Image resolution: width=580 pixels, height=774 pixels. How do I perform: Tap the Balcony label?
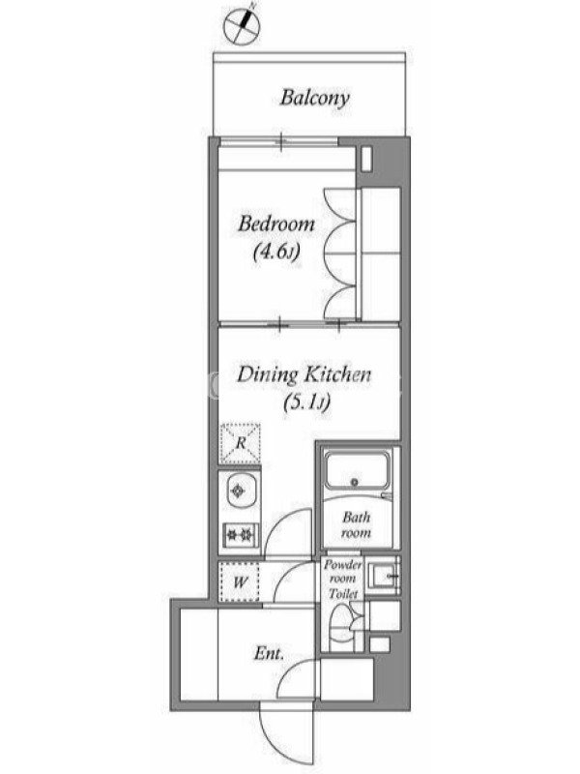[315, 98]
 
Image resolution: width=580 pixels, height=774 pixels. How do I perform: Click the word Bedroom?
[276, 224]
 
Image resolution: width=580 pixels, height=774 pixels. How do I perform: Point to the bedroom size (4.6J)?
[276, 253]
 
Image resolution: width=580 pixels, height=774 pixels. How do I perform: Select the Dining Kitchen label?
[304, 374]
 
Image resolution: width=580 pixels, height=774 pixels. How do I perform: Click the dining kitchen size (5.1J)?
[306, 403]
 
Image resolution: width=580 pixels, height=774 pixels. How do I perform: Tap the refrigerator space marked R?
[240, 443]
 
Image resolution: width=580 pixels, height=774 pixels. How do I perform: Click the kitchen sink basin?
[240, 491]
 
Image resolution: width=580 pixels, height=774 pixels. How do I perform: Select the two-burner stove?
[240, 533]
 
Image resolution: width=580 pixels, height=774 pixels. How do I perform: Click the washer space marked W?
[240, 582]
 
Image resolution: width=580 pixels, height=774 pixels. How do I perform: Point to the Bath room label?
[356, 524]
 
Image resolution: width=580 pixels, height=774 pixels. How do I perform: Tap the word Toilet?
[343, 594]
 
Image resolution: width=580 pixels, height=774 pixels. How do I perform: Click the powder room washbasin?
[384, 575]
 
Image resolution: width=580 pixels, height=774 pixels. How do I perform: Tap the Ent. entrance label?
[270, 655]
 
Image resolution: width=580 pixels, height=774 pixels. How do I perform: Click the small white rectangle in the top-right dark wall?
[366, 159]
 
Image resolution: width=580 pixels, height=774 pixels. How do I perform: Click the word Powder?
[343, 565]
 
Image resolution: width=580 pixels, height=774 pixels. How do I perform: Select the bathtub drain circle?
[354, 482]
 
